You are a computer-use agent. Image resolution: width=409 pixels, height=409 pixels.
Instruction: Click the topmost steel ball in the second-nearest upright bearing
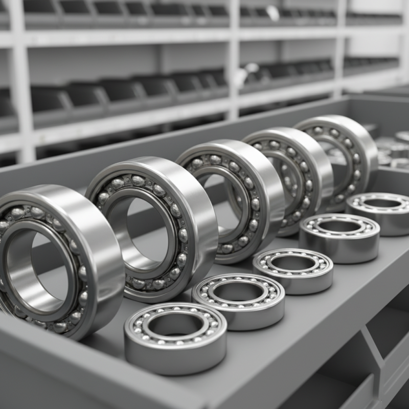point(138,180)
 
